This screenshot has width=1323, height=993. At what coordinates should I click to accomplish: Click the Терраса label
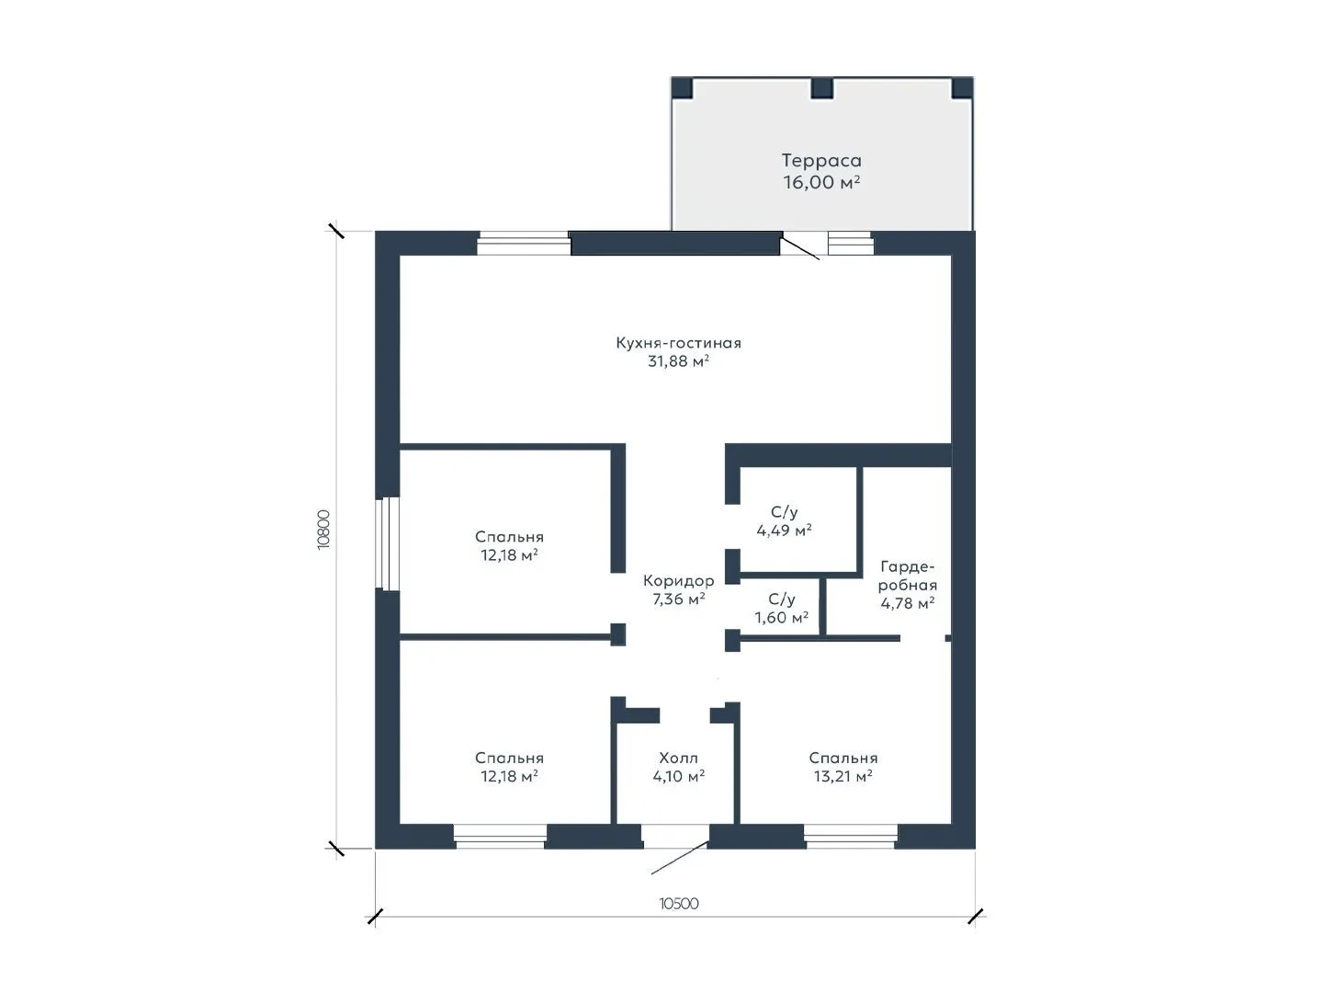pyautogui.click(x=821, y=160)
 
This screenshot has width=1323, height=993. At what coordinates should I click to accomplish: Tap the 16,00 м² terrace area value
pyautogui.click(x=821, y=181)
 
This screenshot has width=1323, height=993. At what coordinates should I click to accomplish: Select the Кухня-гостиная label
pyautogui.click(x=678, y=343)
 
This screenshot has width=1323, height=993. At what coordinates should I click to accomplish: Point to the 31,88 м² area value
pyautogui.click(x=678, y=361)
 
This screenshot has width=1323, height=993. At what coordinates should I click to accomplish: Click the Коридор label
pyautogui.click(x=679, y=580)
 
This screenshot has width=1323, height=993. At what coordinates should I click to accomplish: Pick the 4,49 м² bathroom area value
pyautogui.click(x=784, y=531)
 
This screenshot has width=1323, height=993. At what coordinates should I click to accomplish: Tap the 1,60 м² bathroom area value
pyautogui.click(x=781, y=617)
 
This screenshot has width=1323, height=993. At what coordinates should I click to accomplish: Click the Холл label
pyautogui.click(x=679, y=758)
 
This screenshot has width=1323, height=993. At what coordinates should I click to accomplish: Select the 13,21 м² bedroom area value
pyautogui.click(x=842, y=777)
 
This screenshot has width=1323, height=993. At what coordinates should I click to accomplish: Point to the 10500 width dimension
pyautogui.click(x=679, y=904)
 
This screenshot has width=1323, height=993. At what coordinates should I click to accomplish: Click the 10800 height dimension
pyautogui.click(x=323, y=530)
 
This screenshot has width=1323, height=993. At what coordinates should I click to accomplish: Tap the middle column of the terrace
pyautogui.click(x=821, y=88)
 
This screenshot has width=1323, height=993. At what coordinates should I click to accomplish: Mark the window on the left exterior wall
pyautogui.click(x=387, y=543)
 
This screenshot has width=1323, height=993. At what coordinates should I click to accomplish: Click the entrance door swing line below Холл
pyautogui.click(x=680, y=857)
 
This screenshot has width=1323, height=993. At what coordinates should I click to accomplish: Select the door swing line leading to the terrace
pyautogui.click(x=800, y=248)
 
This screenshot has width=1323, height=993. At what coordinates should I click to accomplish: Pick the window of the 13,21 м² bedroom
pyautogui.click(x=851, y=837)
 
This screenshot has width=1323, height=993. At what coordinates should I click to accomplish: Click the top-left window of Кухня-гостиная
pyautogui.click(x=524, y=243)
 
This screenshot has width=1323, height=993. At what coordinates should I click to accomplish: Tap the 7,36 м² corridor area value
pyautogui.click(x=679, y=599)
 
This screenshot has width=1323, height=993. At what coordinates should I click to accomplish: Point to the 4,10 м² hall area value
pyautogui.click(x=679, y=777)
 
